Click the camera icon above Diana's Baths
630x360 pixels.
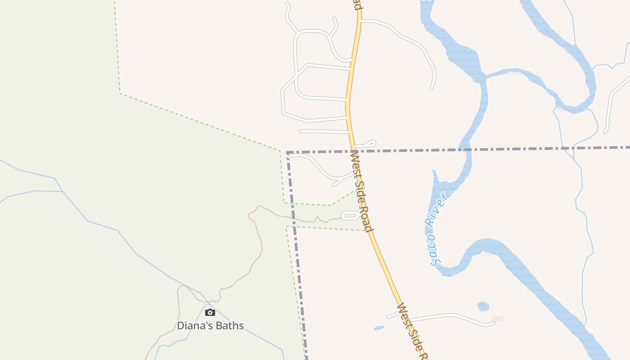(210, 312)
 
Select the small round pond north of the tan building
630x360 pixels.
(483, 306)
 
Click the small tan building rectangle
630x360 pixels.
(497, 319)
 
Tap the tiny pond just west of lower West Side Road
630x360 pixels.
(379, 328)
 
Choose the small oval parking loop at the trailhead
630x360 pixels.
(350, 216)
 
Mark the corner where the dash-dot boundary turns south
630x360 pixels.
(288, 153)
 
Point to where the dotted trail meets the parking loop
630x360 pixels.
(342, 218)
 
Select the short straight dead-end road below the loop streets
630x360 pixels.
(323, 131)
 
